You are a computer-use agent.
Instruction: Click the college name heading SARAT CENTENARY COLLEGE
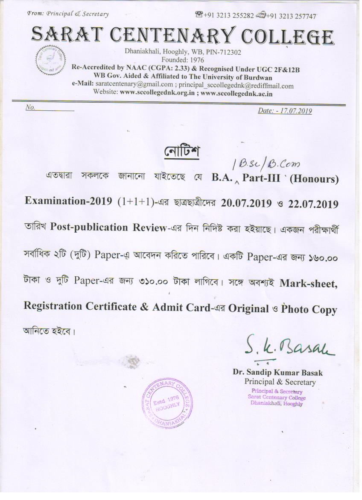(182, 36)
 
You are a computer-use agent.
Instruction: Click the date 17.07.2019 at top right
(295, 111)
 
